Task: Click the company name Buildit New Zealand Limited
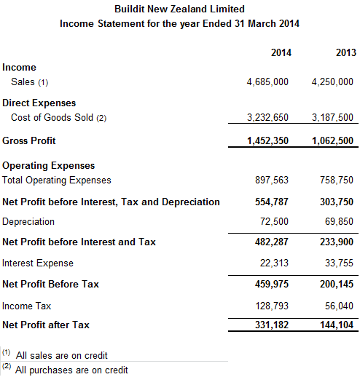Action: [179, 9]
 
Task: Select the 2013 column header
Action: [345, 53]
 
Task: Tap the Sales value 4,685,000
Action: [267, 82]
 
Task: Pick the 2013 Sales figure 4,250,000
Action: [333, 82]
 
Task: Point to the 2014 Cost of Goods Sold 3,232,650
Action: [267, 117]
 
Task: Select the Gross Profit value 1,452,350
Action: [267, 140]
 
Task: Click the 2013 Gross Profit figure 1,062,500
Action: [333, 140]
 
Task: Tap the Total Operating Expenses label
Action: [57, 180]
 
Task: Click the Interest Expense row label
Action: [38, 263]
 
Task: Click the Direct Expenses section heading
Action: [39, 103]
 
